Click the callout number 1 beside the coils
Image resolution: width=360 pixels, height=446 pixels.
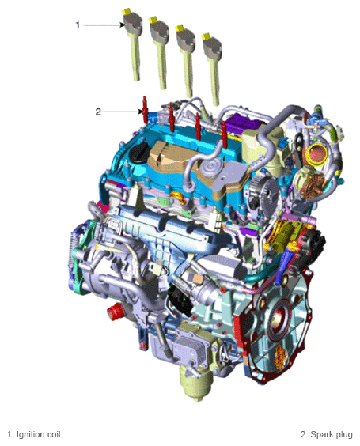78,25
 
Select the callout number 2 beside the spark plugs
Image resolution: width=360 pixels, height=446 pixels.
98,111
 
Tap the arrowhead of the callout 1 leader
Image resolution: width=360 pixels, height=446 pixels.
119,25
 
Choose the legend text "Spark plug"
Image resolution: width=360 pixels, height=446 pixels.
330,434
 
